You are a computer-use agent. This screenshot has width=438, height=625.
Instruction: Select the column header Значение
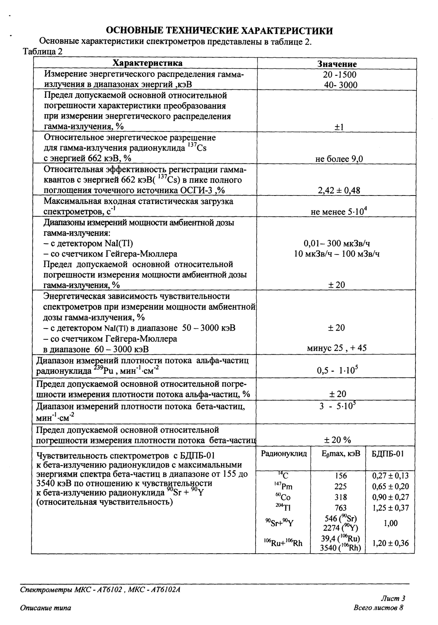(x=337, y=64)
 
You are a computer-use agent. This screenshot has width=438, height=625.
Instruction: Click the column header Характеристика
(x=147, y=63)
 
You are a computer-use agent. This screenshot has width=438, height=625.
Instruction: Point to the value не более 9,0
(x=339, y=159)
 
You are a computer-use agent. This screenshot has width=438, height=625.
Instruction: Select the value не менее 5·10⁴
(x=339, y=212)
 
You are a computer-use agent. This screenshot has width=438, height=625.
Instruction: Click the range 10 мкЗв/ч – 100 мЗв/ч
(x=337, y=254)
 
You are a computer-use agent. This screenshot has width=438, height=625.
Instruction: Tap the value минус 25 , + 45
(x=337, y=348)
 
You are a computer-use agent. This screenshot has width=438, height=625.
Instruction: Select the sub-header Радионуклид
(x=284, y=454)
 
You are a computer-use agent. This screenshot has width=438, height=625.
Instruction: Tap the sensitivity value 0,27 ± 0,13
(x=390, y=476)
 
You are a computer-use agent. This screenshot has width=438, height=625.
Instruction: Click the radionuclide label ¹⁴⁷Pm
(x=284, y=487)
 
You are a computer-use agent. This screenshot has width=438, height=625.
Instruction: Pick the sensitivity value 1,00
(x=390, y=523)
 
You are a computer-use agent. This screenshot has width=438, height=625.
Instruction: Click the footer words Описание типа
(x=45, y=608)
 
